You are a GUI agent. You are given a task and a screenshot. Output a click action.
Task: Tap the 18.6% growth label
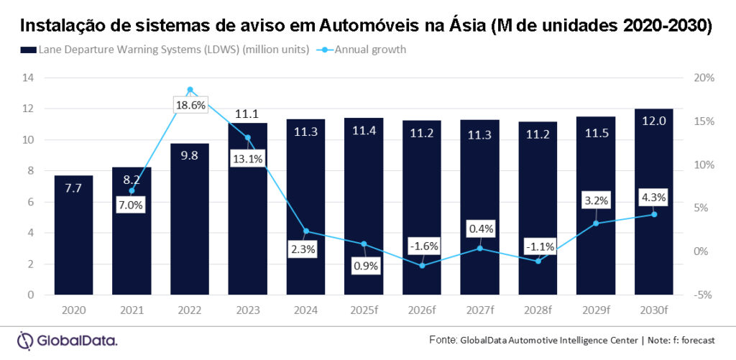coord(190,105)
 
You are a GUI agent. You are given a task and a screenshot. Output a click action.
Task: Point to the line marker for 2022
coord(190,90)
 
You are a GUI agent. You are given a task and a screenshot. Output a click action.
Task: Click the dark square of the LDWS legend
coord(29,50)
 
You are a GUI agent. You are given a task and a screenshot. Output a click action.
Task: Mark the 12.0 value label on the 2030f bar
coord(654,123)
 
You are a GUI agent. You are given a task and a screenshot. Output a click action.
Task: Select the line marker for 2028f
coord(538,261)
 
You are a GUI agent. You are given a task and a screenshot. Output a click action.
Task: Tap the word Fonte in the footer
coord(442,340)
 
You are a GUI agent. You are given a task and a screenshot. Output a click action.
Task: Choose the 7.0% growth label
coord(131,205)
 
